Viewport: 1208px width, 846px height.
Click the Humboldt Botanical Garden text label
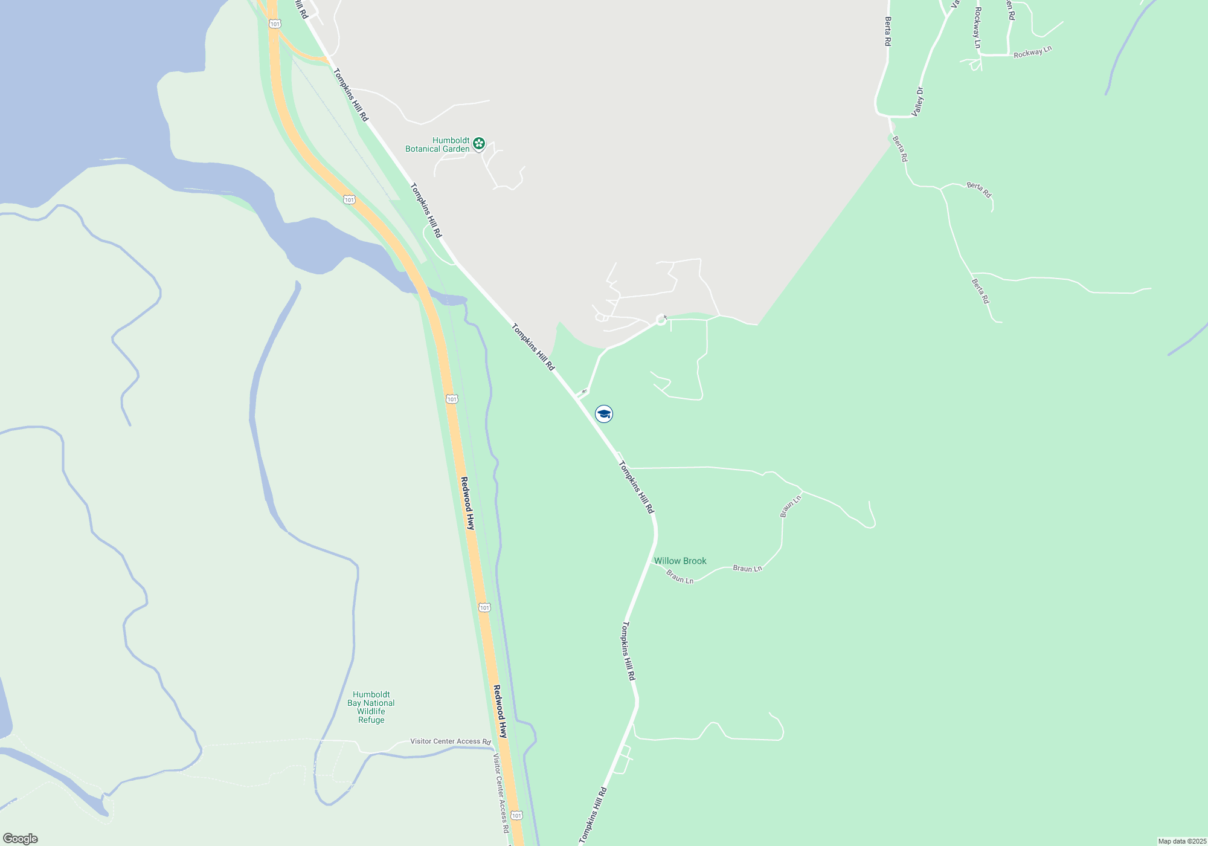[x=438, y=145]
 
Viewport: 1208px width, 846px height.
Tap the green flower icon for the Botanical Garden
[x=479, y=144]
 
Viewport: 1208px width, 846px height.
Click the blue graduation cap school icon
[x=604, y=414]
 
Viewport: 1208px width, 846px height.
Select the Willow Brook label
[x=680, y=561]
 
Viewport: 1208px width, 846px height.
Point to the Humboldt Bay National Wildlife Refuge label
[x=371, y=707]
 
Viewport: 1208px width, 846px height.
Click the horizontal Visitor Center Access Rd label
[x=450, y=741]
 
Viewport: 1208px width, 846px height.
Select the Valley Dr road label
[x=918, y=102]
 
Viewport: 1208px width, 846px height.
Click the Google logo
[x=21, y=839]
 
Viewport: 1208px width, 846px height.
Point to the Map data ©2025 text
[x=1182, y=841]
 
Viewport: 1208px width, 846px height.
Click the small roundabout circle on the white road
[x=661, y=320]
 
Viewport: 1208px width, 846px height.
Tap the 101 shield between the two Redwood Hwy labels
[x=484, y=607]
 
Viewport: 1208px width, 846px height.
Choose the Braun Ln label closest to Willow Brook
[x=680, y=578]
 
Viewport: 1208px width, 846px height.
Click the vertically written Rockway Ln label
[x=977, y=27]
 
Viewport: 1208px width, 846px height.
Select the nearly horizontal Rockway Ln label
[x=1032, y=53]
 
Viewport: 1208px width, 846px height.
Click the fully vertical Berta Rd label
[x=888, y=31]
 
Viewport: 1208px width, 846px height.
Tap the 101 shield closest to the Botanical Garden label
[x=349, y=199]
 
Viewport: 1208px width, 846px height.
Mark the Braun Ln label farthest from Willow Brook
[x=790, y=506]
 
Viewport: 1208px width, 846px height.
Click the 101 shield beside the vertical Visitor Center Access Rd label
[x=516, y=816]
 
